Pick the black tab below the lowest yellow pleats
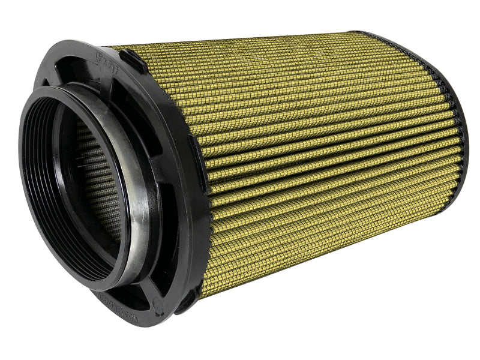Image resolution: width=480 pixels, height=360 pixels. (187, 300)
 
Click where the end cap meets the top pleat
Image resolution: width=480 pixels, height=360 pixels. (354, 34)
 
